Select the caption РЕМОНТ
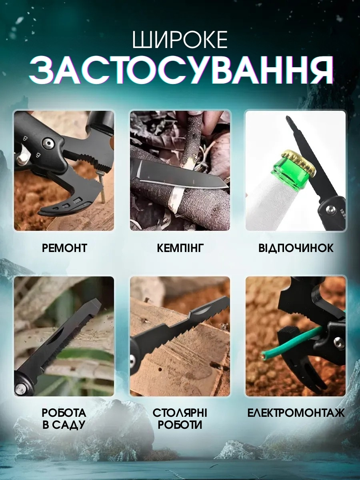pos(64,248)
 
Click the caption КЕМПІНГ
pos(180,248)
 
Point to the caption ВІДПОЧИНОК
pos(296,248)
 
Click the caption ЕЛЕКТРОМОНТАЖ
pos(296,413)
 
